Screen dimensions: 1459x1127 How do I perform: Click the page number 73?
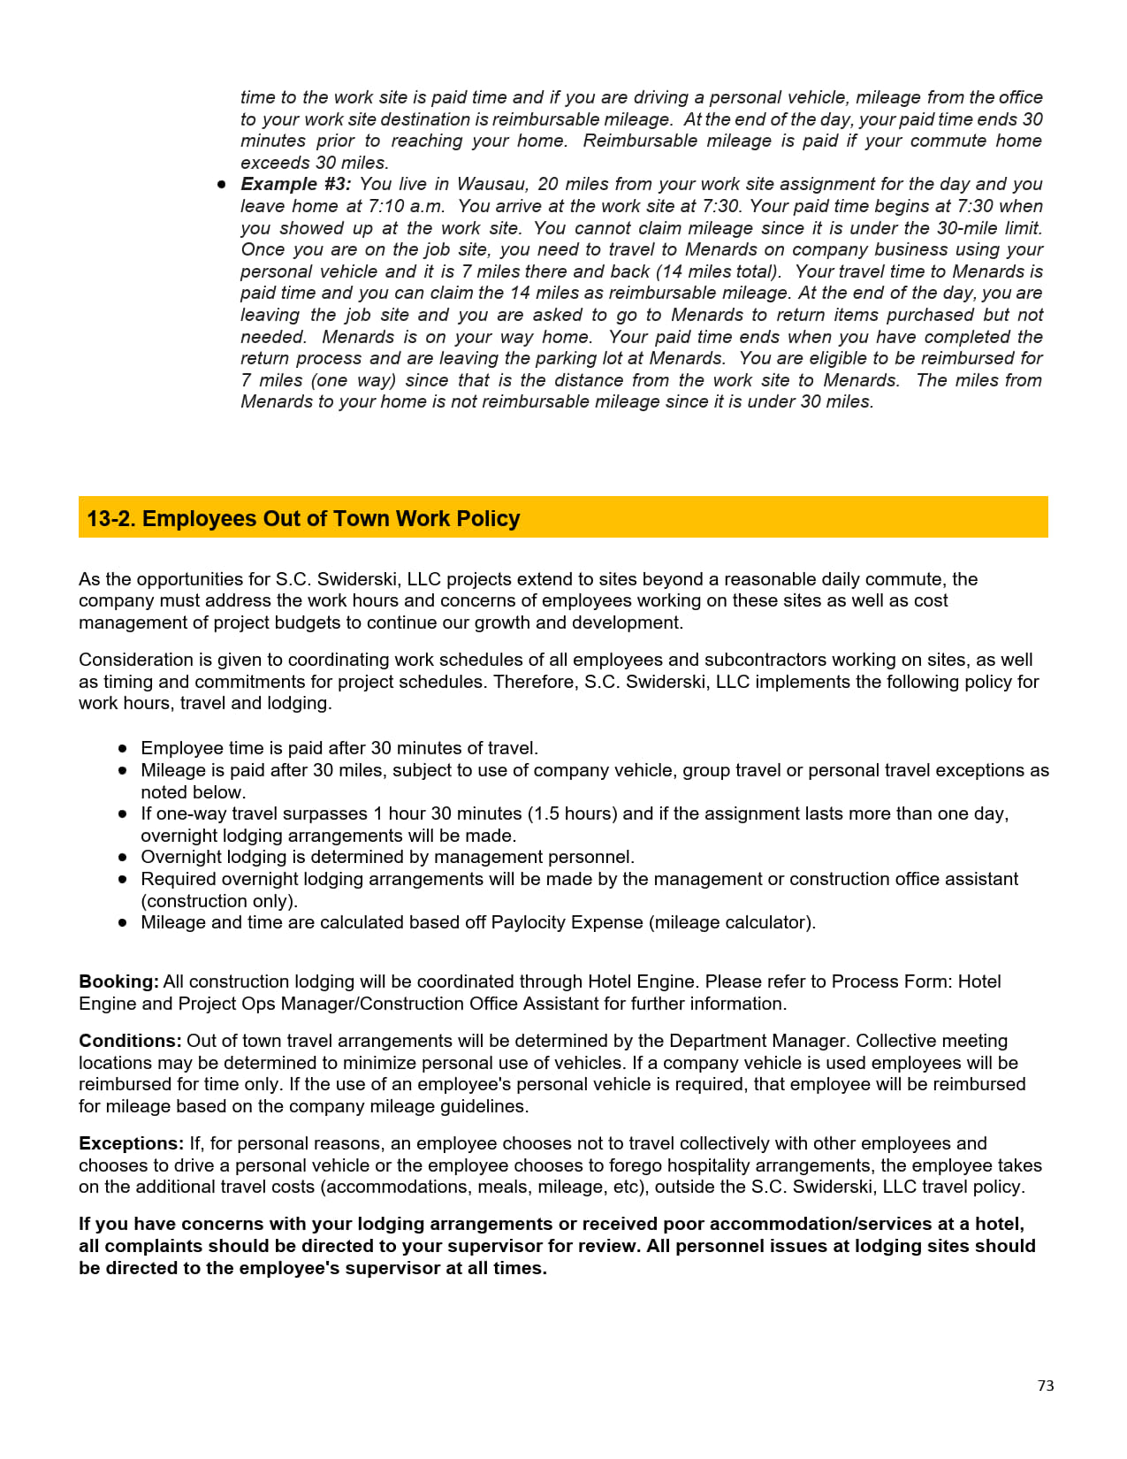1046,1386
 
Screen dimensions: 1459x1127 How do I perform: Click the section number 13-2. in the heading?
111,518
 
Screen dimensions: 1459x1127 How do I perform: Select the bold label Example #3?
296,184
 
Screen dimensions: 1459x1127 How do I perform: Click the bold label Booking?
118,982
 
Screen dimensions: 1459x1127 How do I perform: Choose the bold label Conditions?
130,1041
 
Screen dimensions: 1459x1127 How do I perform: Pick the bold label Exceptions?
131,1143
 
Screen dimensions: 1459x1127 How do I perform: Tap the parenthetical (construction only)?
219,901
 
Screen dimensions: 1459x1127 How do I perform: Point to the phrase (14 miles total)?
718,271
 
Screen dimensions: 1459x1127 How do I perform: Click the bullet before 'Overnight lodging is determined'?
123,857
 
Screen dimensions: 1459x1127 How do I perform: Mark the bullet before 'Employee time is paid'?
123,748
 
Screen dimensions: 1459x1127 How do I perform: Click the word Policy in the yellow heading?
488,518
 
